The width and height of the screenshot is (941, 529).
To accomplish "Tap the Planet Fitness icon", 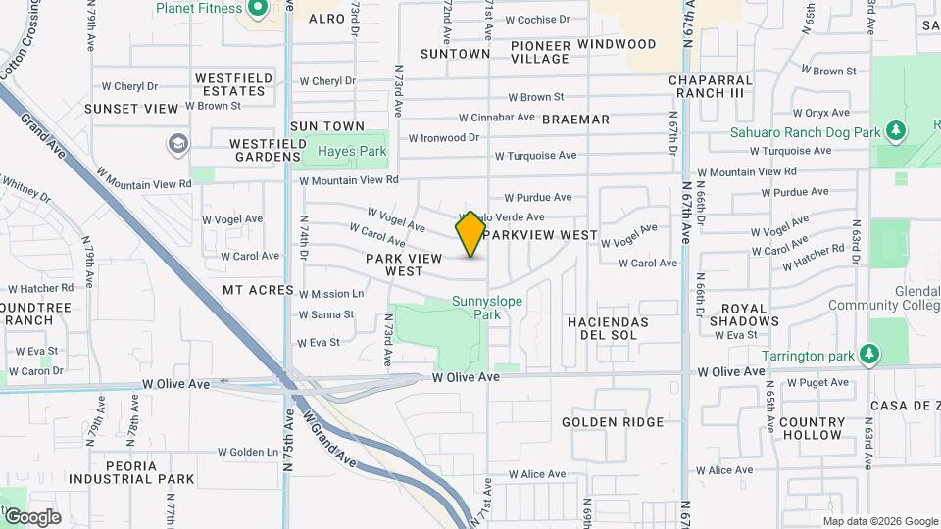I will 259,9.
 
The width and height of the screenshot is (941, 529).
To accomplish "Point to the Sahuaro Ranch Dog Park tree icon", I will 894,130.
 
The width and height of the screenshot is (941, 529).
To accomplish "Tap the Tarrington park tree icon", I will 867,353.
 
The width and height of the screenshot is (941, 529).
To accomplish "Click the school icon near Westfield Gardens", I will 177,145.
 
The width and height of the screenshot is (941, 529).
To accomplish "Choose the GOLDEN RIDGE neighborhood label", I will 613,422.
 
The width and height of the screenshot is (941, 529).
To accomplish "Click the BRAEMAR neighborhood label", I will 575,120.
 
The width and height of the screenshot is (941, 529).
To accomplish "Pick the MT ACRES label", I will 258,290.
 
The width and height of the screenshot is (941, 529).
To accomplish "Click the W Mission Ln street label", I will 331,294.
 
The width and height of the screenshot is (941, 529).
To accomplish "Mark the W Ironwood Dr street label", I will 443,138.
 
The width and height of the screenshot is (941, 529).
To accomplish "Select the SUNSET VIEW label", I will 131,109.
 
